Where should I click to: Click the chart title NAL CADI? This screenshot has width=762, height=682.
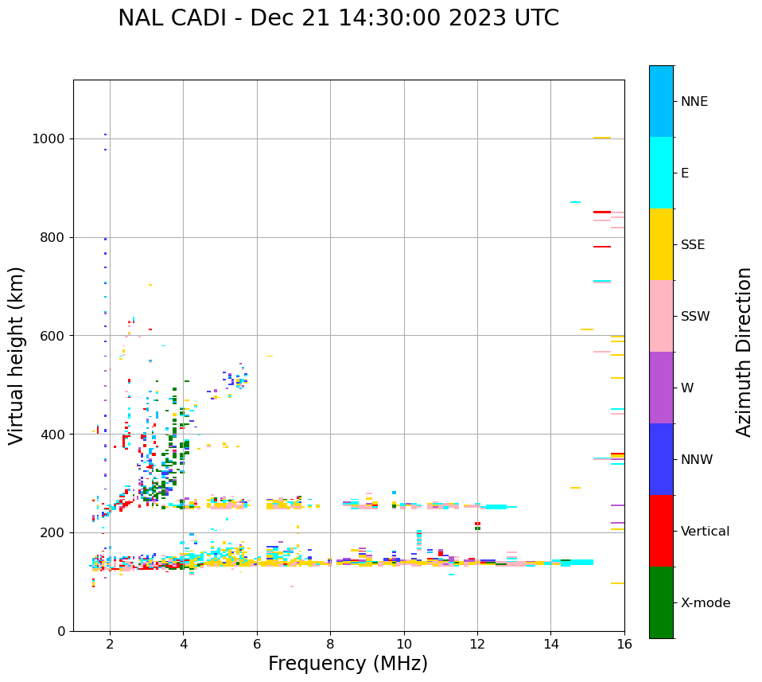point(338,18)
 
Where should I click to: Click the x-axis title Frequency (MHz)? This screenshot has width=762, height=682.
point(348,664)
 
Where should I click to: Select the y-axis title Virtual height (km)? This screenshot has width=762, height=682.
point(17,355)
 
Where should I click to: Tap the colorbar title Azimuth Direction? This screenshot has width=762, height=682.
point(744,352)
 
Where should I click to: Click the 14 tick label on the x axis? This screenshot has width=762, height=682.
point(550,644)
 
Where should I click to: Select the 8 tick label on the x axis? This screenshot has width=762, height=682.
point(330,644)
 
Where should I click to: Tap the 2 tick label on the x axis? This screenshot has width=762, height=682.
point(110,644)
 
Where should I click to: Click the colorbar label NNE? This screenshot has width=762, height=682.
point(694,102)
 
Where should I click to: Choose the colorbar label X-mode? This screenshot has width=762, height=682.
point(705,603)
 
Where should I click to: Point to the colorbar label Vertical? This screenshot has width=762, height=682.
point(705,532)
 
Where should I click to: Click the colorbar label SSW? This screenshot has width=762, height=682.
point(695,317)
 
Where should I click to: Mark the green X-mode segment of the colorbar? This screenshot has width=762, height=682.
point(661,602)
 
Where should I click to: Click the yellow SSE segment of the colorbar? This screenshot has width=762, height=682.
point(661,244)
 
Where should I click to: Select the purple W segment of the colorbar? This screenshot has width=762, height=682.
point(661,388)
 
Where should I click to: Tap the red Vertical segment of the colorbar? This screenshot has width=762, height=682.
point(661,531)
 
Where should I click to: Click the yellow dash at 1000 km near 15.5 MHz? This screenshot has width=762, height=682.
point(601,138)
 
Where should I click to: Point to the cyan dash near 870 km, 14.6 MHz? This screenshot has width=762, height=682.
point(575,202)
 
